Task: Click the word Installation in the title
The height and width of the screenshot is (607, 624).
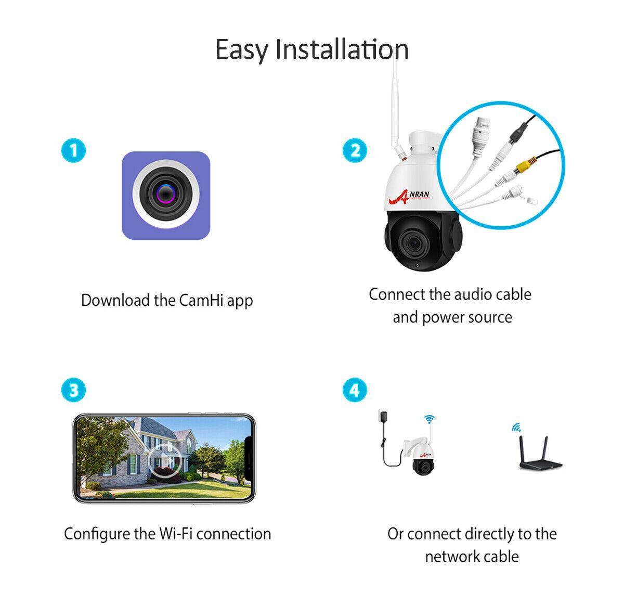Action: point(342,49)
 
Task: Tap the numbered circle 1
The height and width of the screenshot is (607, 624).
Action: point(73,151)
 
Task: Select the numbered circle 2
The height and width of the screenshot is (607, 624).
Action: point(355,151)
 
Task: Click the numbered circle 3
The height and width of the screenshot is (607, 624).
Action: point(73,390)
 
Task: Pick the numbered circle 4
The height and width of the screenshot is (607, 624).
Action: point(355,390)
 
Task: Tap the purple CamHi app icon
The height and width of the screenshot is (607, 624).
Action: point(166,196)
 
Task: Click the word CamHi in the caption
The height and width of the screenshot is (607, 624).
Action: point(201,300)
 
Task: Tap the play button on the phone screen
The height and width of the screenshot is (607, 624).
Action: point(164,459)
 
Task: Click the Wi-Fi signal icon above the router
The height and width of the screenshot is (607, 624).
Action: point(516,427)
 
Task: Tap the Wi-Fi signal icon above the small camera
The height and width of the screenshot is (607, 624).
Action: point(429,419)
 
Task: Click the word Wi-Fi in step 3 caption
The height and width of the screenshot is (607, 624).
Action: point(176,534)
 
